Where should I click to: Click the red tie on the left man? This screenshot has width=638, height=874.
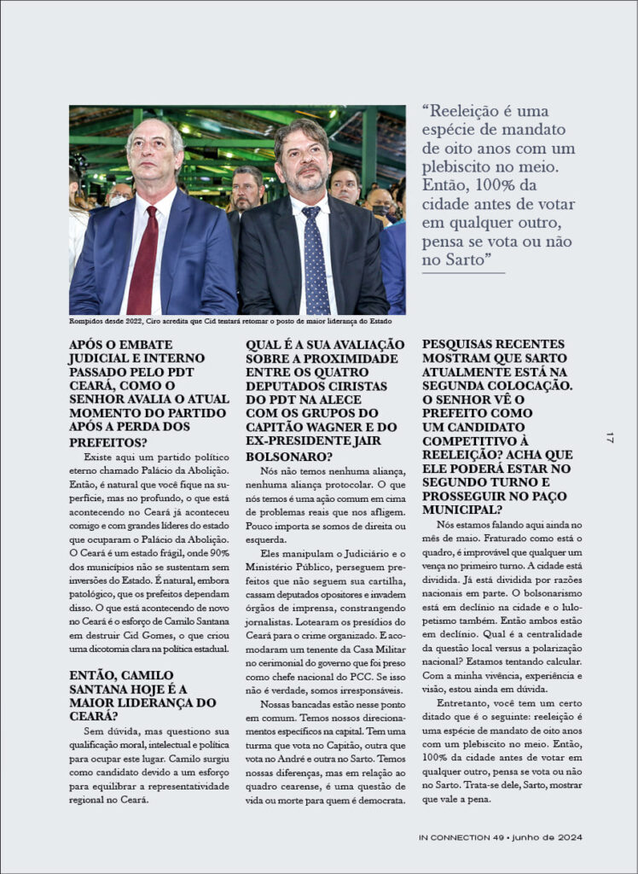tap(142, 259)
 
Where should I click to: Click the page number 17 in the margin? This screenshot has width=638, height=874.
tap(610, 438)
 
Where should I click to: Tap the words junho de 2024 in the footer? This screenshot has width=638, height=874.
tap(547, 837)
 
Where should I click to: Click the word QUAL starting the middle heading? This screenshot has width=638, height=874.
tap(264, 344)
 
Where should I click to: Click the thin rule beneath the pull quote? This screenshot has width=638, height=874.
tap(464, 273)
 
